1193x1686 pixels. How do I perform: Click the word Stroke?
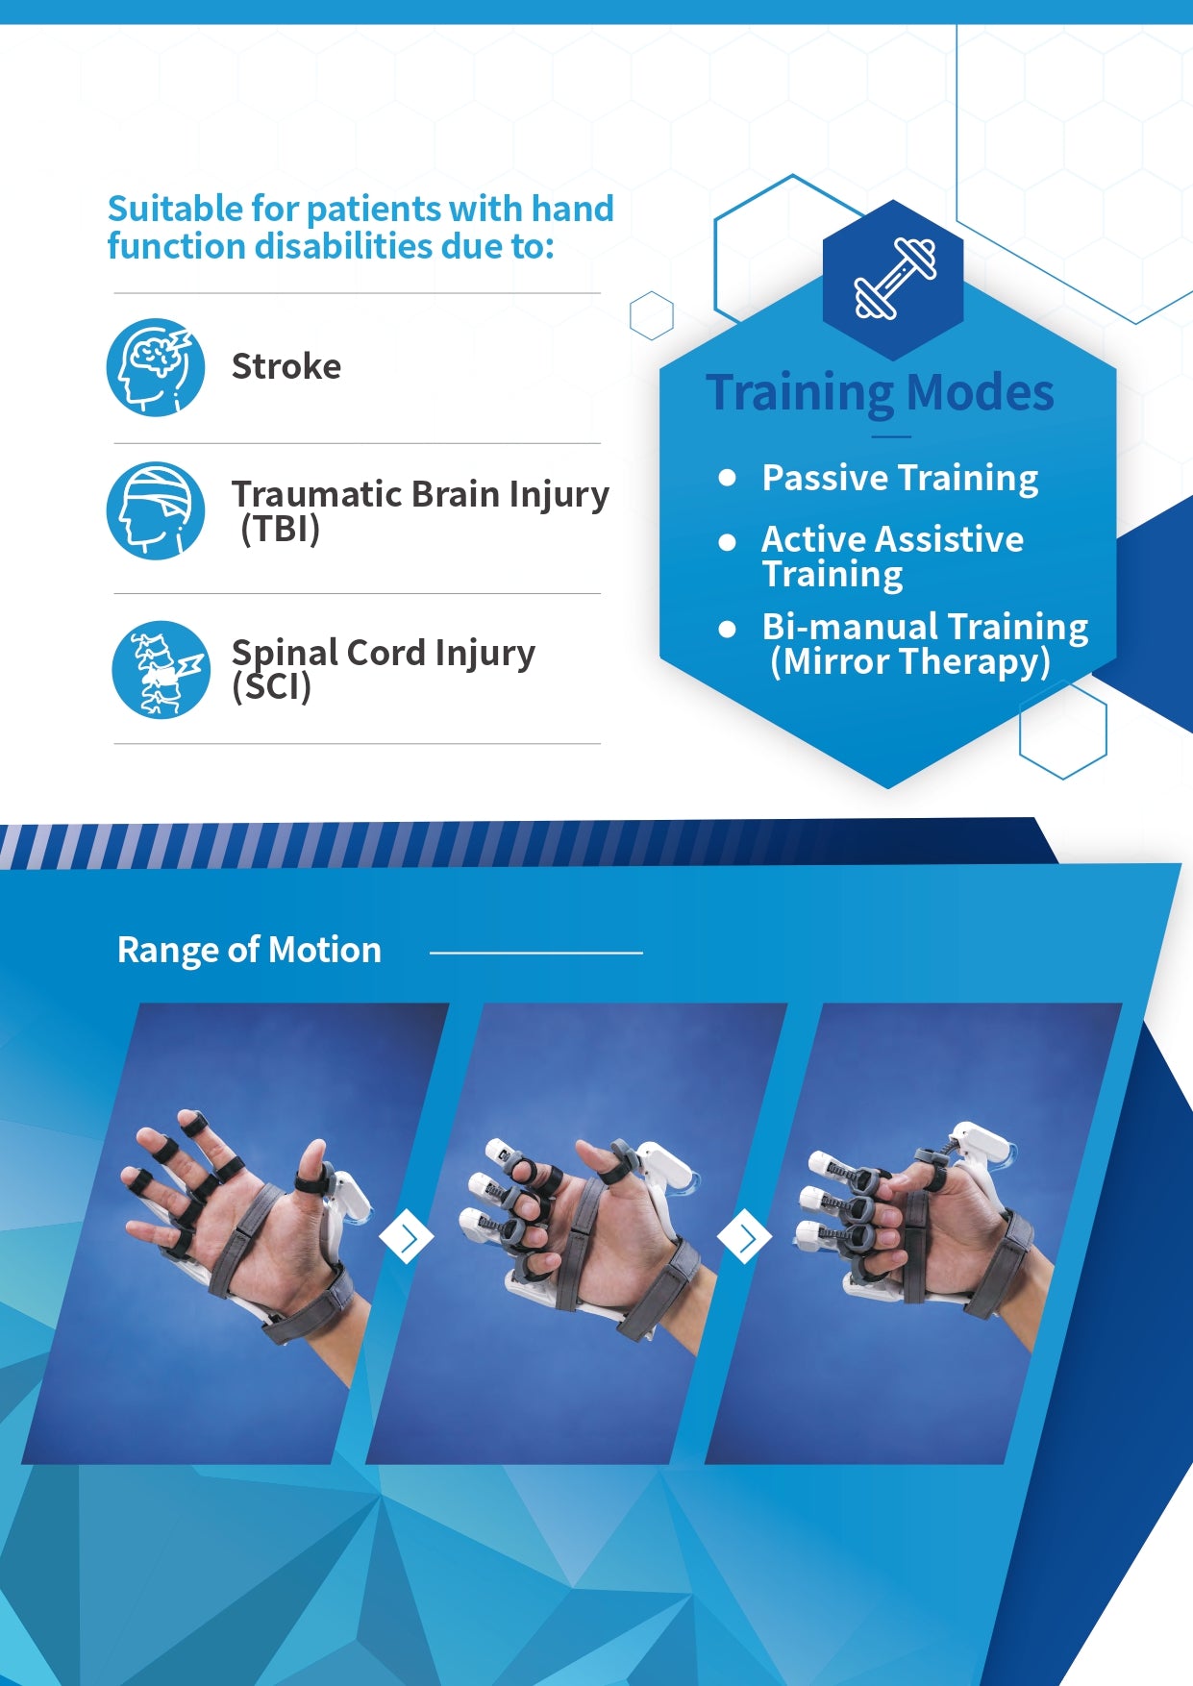pos(286,366)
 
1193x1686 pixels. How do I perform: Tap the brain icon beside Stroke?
pos(156,367)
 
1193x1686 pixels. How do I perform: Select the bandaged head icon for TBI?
pos(156,510)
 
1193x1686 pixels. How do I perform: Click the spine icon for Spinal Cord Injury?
pos(161,670)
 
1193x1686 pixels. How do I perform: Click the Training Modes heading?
pos(881,392)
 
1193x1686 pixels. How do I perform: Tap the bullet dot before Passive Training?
pos(728,478)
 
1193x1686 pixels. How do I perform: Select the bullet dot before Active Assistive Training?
pos(728,542)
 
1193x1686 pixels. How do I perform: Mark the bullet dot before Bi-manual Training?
pos(728,630)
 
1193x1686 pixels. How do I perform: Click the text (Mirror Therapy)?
pos(910,662)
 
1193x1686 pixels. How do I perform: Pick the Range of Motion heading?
pos(249,950)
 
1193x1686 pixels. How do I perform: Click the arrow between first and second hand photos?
pos(407,1237)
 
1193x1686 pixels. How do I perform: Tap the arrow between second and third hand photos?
pos(745,1237)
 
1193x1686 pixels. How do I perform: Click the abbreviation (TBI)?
pos(280,529)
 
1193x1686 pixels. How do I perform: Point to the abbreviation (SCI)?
pos(272,686)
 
